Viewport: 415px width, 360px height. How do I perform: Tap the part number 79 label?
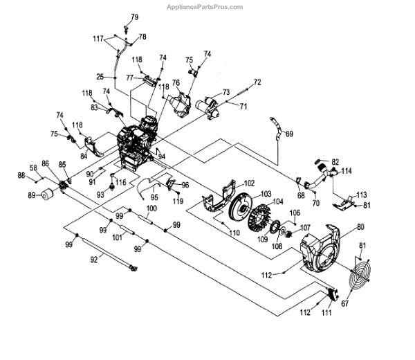pyautogui.click(x=135, y=17)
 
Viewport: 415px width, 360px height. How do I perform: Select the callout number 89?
pyautogui.click(x=31, y=195)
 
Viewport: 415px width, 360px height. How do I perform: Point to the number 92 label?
pyautogui.click(x=94, y=260)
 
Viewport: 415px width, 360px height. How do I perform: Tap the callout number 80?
pyautogui.click(x=360, y=226)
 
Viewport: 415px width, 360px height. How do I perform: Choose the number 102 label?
pyautogui.click(x=248, y=183)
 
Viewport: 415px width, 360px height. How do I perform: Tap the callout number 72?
pyautogui.click(x=257, y=82)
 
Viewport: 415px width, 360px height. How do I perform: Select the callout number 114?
pyautogui.click(x=346, y=170)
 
